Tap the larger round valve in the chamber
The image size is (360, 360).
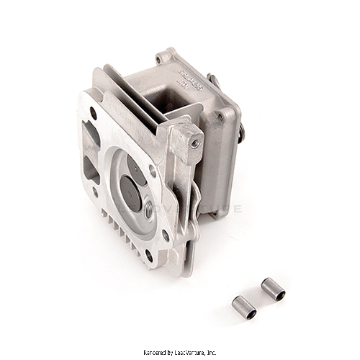[x=129, y=194]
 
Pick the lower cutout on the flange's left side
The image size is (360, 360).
[x=91, y=171]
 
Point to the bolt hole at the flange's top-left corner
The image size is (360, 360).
[x=94, y=113]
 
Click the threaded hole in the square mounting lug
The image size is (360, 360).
[x=195, y=143]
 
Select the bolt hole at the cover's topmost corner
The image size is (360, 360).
[x=159, y=60]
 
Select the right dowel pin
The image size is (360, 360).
[x=272, y=289]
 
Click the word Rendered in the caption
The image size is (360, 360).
[x=156, y=352]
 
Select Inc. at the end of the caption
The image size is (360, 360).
[x=212, y=352]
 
